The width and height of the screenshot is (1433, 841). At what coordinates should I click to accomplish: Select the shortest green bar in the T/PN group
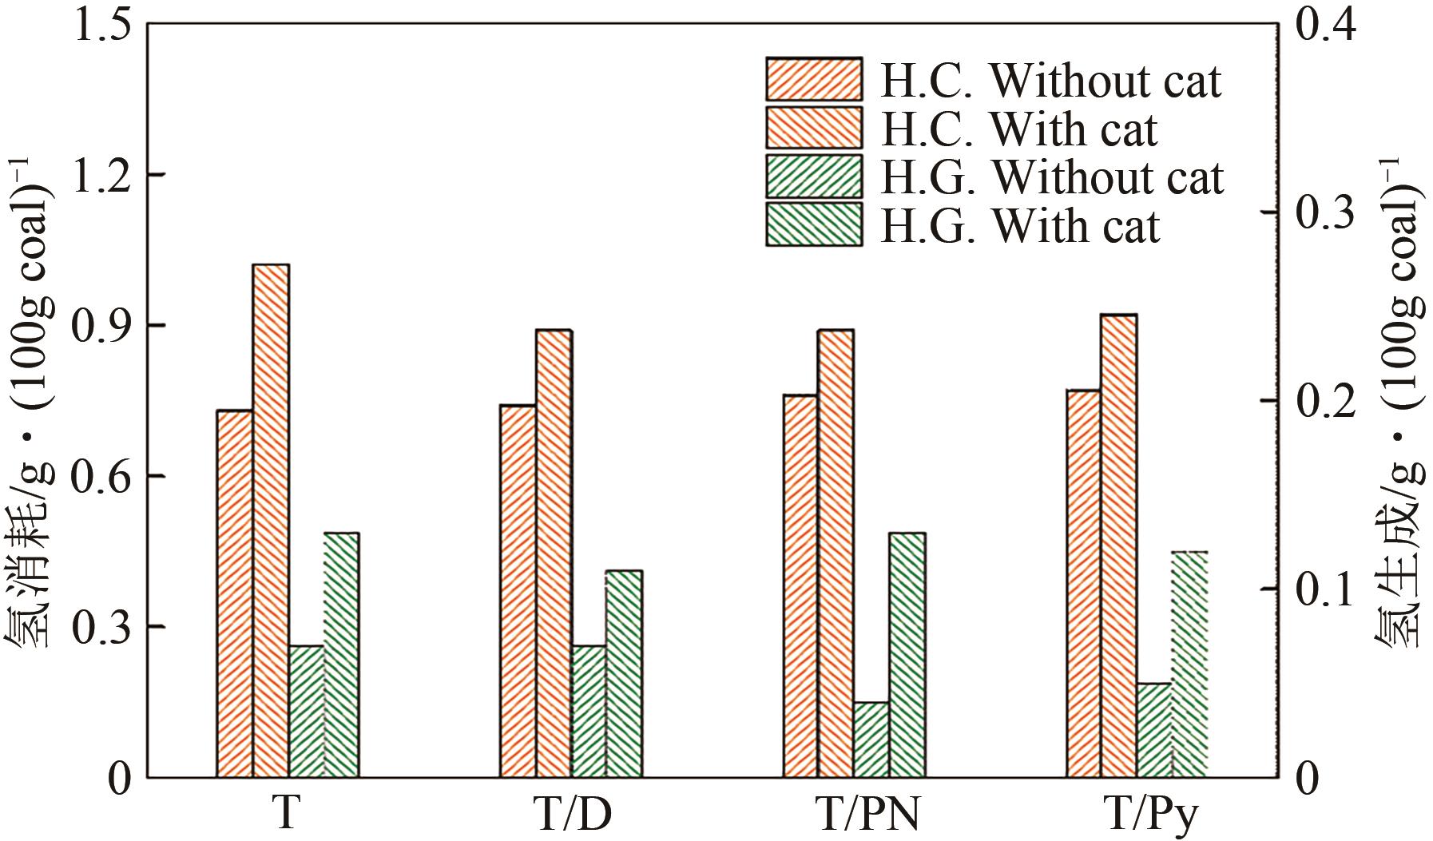871,740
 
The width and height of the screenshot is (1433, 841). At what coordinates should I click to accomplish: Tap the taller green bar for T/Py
1189,664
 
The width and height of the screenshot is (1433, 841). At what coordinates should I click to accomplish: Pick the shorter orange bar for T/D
518,591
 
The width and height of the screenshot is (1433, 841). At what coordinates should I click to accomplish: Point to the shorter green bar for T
307,711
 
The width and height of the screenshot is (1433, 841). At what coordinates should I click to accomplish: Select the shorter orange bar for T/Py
1083,584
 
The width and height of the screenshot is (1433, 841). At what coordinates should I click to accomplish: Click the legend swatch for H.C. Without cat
814,79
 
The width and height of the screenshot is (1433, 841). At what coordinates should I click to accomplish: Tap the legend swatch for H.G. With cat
814,224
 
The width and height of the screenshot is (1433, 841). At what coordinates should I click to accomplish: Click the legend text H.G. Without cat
1051,177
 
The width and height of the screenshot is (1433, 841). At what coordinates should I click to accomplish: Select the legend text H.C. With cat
1018,128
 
